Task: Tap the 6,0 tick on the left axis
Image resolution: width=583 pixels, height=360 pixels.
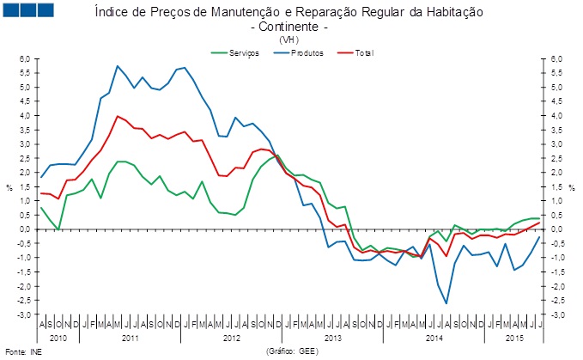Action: point(25,58)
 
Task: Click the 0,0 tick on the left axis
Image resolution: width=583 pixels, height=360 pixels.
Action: point(25,229)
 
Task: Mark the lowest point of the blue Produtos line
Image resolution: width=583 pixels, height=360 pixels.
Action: point(446,303)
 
